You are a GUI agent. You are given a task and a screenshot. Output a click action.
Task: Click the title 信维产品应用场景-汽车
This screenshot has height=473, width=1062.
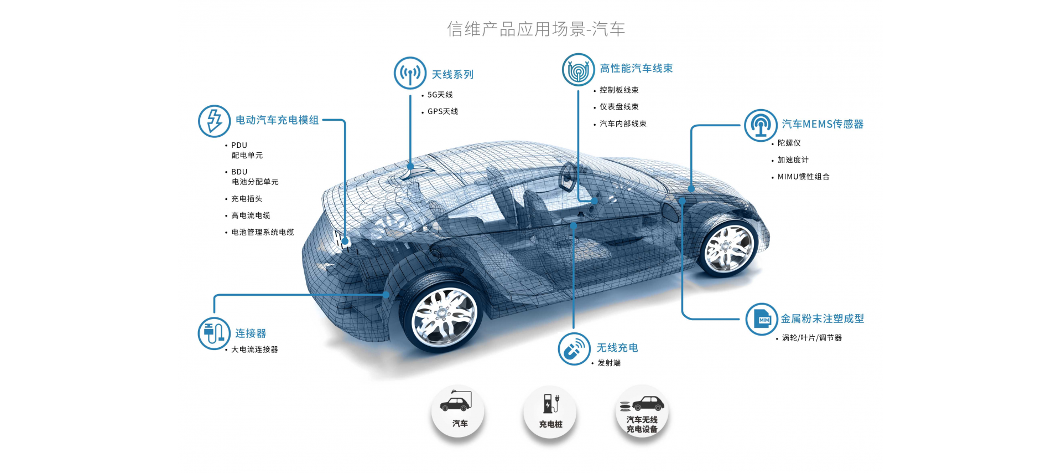(536, 29)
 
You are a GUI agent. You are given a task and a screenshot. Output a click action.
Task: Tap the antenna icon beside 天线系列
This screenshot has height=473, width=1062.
(410, 73)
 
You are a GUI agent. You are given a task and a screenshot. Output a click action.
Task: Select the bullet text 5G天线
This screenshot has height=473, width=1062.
(440, 95)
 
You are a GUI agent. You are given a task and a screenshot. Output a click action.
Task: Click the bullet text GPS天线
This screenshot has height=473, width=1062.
(442, 111)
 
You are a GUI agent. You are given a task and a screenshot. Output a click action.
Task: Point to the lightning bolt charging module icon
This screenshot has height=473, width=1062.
(214, 121)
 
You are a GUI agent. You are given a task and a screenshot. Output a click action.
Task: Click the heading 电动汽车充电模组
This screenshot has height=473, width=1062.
(277, 120)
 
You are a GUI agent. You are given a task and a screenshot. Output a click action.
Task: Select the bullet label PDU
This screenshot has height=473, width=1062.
(239, 145)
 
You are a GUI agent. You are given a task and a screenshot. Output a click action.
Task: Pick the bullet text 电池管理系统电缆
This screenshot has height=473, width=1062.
(262, 232)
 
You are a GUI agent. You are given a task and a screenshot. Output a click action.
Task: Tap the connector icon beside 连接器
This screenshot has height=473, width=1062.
(214, 333)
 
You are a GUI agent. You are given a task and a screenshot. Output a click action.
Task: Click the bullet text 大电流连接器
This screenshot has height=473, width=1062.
(254, 349)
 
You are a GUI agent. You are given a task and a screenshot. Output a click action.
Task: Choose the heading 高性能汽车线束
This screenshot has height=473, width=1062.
(636, 68)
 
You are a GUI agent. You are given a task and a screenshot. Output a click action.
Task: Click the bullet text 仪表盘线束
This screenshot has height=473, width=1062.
(619, 106)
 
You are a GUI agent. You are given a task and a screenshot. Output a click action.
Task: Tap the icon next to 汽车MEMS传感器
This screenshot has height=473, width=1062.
(761, 125)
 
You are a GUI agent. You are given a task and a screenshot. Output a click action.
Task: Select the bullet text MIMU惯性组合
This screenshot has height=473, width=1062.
(803, 177)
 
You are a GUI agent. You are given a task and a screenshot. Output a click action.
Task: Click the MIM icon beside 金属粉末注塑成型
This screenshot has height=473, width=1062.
(762, 319)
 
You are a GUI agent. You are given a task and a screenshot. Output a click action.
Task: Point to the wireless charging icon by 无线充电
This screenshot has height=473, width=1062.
(574, 349)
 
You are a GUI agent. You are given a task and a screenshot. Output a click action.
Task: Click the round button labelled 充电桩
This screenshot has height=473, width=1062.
(550, 412)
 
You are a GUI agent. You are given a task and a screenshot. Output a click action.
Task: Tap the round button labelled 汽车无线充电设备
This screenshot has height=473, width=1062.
(642, 412)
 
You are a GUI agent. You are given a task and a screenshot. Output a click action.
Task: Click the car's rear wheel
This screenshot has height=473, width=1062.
(442, 316)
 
